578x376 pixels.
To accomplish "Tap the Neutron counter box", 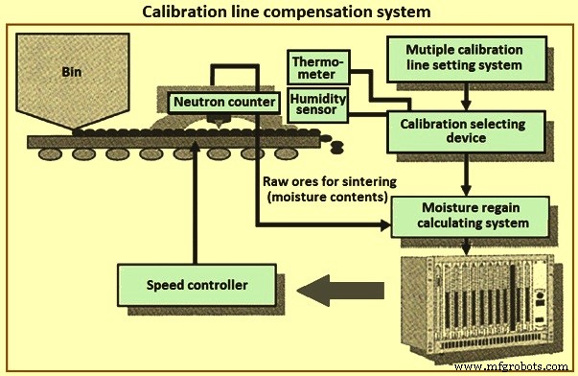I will click(x=216, y=101).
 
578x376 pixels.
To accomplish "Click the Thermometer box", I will click(x=317, y=68).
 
